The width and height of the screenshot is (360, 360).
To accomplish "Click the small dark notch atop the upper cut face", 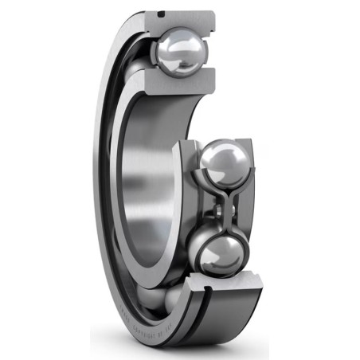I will (163, 14).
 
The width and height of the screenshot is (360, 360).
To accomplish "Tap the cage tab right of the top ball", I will (209, 48).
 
